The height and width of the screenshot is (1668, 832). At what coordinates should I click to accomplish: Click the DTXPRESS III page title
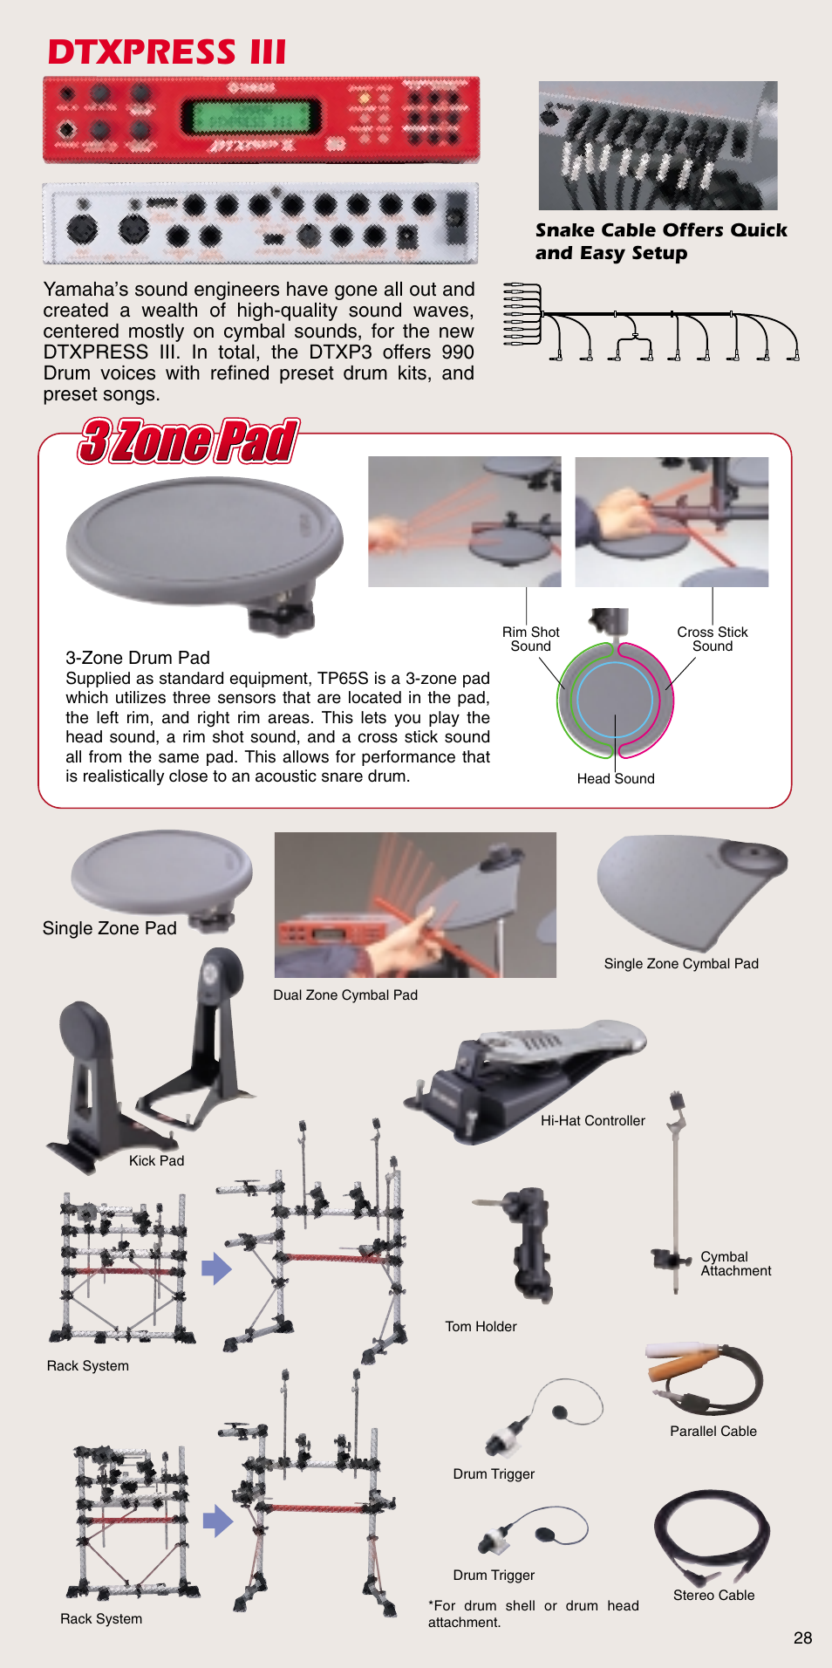coord(167,52)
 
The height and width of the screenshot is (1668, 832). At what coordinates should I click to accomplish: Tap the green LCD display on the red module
coord(250,115)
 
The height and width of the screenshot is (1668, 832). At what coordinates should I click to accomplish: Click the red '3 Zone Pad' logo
coord(188,441)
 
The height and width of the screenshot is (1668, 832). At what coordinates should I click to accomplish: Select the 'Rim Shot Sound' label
coord(530,639)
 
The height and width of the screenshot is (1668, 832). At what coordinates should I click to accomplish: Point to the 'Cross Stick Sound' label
coord(713,639)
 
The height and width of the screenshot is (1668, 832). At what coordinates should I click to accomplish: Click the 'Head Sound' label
coord(616,778)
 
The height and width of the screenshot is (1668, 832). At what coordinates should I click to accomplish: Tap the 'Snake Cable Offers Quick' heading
coord(661,230)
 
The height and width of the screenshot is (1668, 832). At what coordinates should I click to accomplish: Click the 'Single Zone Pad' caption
coord(110,928)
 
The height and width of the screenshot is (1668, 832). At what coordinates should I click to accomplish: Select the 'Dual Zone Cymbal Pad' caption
coord(345,995)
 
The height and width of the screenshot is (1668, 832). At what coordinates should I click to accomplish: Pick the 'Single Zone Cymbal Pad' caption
coord(681,963)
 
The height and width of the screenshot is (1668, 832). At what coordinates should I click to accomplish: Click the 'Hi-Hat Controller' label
coord(593,1120)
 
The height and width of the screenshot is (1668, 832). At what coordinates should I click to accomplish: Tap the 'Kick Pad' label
coord(157,1160)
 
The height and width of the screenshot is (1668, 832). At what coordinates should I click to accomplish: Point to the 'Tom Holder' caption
coord(481,1326)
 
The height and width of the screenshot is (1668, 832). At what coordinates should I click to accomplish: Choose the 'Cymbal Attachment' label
coord(736,1263)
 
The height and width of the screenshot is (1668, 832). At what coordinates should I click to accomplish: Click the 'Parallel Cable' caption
coord(713,1431)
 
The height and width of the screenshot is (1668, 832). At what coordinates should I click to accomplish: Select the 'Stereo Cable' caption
coord(714,1595)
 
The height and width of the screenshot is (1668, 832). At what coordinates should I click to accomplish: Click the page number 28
coord(803,1637)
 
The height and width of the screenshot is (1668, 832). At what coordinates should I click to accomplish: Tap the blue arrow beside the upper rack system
coord(216,1268)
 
